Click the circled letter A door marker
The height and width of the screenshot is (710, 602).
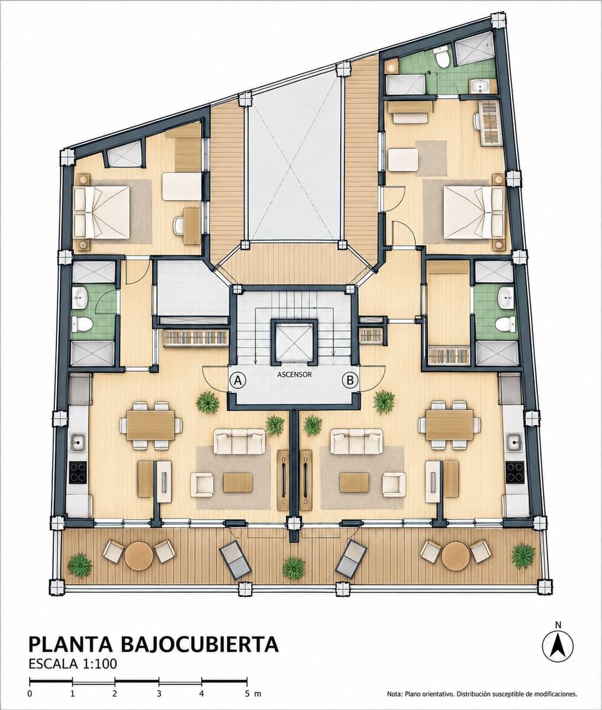point(237,380)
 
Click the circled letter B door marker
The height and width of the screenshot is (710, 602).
point(350,380)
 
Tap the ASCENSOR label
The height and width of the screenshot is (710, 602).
point(294,375)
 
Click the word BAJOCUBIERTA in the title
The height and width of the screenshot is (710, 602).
point(201,645)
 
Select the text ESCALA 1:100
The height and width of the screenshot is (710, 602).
point(73,664)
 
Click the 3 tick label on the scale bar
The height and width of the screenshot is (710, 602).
point(159,693)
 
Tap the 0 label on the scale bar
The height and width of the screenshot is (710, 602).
point(30,693)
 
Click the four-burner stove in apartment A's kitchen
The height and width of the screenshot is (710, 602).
point(78,473)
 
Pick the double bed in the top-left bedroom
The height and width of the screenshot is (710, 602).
point(102,212)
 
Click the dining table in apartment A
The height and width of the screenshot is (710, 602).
point(151,425)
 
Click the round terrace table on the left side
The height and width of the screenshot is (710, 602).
point(139,556)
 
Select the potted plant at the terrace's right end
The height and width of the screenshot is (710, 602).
point(523,556)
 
